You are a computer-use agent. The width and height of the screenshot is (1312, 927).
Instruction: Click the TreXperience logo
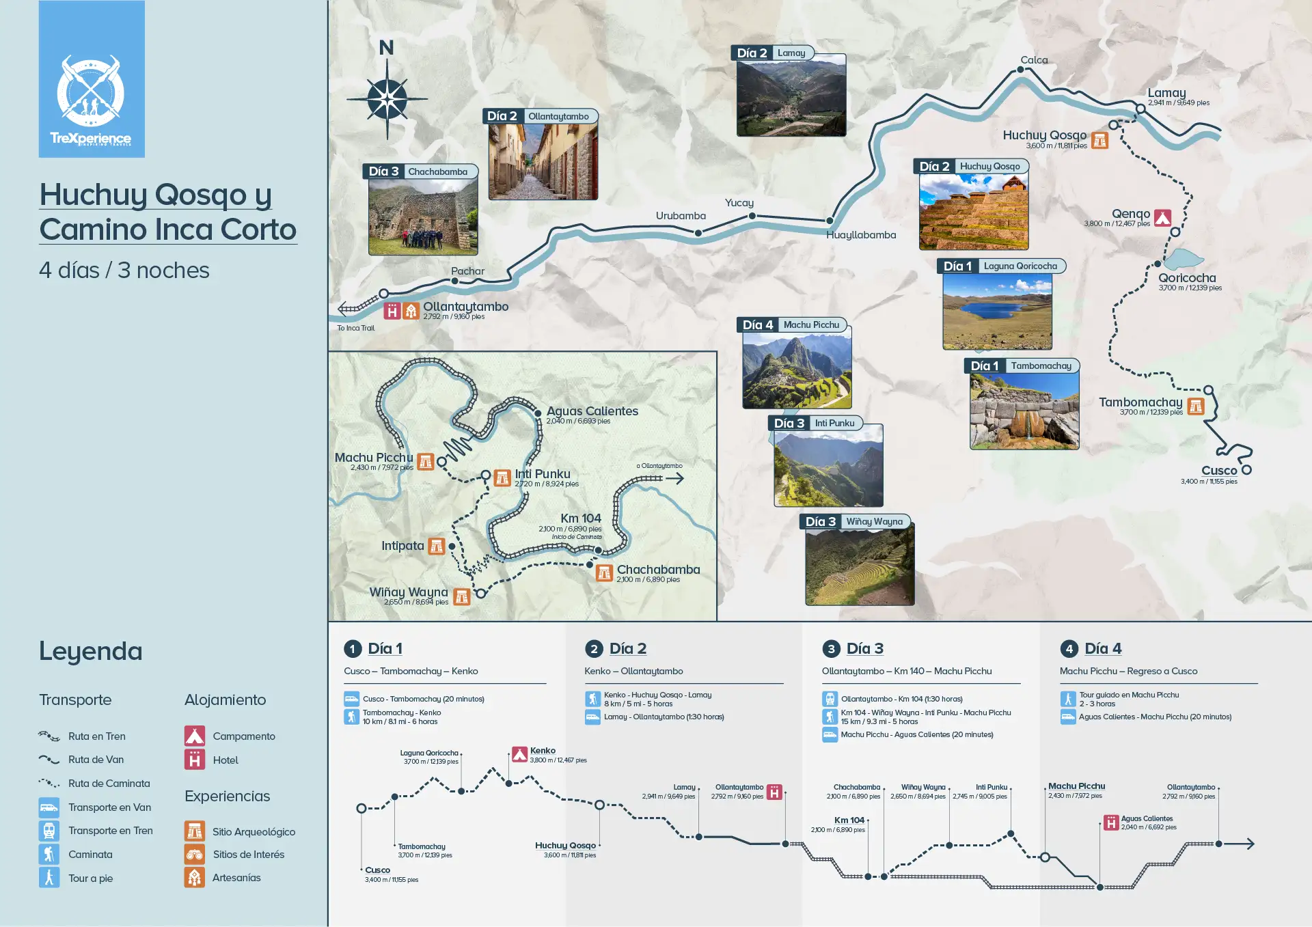(91, 79)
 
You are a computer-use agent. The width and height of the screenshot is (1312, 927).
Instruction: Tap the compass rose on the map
(387, 99)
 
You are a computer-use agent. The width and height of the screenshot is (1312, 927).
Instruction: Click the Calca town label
(1034, 60)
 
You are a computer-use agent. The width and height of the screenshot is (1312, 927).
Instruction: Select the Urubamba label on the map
(681, 216)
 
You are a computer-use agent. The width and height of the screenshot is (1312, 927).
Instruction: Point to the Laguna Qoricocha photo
(997, 312)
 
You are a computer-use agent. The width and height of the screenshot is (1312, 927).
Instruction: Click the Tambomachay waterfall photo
(1024, 411)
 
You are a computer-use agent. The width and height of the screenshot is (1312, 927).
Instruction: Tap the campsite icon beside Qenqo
(1162, 218)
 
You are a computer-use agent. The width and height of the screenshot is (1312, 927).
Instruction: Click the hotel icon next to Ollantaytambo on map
(392, 312)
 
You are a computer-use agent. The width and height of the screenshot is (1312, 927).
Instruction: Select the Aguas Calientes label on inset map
(592, 411)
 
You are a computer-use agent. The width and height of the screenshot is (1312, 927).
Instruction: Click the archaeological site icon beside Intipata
(437, 546)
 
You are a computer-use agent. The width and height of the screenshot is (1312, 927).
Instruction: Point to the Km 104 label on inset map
(581, 518)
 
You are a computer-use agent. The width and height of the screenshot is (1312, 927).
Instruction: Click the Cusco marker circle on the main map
(1246, 470)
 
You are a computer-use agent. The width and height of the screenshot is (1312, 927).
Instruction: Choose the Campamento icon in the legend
(195, 736)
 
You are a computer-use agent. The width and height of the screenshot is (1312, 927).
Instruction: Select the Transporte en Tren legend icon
(49, 831)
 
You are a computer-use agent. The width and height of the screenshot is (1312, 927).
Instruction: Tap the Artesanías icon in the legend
(195, 878)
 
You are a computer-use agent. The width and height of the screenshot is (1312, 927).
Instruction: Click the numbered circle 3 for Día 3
(831, 649)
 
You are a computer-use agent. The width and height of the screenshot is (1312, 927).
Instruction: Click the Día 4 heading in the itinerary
(1103, 649)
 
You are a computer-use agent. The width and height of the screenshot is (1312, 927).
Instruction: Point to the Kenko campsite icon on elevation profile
(520, 754)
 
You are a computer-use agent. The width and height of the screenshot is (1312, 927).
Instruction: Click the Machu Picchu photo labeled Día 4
(797, 370)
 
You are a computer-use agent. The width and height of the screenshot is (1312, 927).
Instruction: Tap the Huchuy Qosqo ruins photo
(973, 212)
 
